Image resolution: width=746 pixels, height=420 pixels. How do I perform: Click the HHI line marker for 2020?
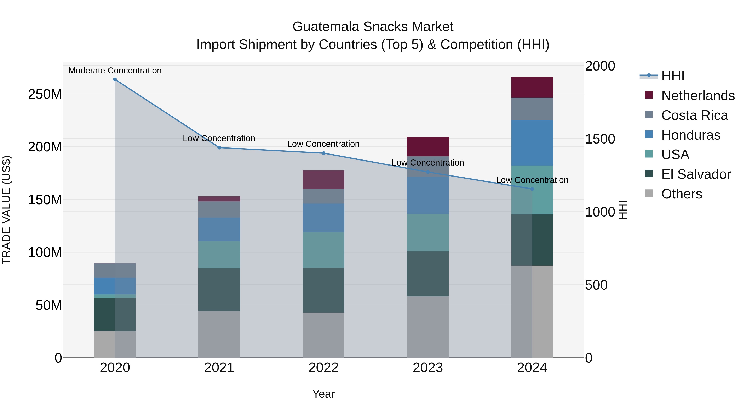tap(115, 79)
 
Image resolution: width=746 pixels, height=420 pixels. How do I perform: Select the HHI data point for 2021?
tap(219, 147)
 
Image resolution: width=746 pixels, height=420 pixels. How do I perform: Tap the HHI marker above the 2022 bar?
tap(323, 153)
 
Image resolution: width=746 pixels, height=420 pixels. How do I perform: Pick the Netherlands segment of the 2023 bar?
tap(428, 146)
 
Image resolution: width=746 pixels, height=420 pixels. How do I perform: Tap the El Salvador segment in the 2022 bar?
tap(323, 290)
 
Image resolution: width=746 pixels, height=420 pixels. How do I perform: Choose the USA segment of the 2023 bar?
tap(428, 233)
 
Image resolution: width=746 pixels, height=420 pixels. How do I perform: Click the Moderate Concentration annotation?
tap(115, 71)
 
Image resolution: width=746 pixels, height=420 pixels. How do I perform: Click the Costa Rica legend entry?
tap(694, 115)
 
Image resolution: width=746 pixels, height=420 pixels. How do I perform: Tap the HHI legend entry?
tap(672, 76)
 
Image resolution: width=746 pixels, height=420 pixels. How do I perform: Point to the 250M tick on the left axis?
tap(45, 94)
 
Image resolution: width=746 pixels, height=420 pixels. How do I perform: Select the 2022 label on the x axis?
tap(323, 368)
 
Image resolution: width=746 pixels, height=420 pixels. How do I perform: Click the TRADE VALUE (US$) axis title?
tap(6, 210)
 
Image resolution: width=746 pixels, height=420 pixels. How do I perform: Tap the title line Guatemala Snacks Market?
tap(373, 27)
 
